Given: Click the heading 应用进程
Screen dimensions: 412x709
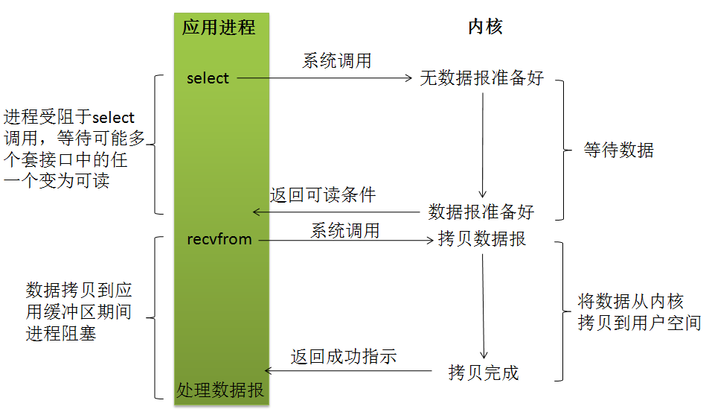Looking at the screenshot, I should click(x=219, y=28).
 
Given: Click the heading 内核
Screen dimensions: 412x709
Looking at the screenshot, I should click(x=485, y=28).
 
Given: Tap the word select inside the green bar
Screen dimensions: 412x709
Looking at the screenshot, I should click(x=208, y=78).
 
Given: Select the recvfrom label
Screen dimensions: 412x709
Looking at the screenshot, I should click(x=219, y=239).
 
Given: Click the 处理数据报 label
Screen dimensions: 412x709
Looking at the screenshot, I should click(x=220, y=390).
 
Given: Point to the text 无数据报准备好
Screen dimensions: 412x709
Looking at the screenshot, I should click(x=481, y=78).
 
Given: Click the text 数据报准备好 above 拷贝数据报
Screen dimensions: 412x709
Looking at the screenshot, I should click(x=481, y=212).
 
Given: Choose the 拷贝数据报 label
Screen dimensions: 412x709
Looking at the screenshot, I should click(x=482, y=239).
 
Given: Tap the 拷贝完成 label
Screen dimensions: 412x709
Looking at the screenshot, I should click(x=484, y=373).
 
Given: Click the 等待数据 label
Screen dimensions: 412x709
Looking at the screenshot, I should click(x=619, y=150).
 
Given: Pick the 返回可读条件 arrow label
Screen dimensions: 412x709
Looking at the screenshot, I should click(x=323, y=196).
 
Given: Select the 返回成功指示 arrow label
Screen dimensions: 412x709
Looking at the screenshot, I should click(x=344, y=357).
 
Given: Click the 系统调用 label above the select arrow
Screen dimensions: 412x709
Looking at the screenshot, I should click(x=336, y=61).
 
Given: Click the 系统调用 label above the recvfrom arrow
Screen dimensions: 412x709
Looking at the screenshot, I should click(x=344, y=231).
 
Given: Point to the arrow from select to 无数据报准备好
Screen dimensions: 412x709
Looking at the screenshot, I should click(x=324, y=77).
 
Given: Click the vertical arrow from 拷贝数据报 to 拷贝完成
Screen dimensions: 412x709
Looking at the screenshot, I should click(x=484, y=305).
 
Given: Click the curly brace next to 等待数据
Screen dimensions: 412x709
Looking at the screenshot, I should click(x=562, y=150).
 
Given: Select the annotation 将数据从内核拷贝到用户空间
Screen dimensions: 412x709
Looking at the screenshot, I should click(x=639, y=312).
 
